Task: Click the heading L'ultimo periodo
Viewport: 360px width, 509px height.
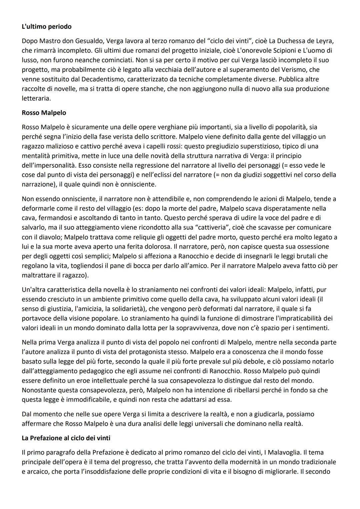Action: (x=46, y=26)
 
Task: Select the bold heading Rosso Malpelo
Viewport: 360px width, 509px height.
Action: (x=44, y=113)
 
